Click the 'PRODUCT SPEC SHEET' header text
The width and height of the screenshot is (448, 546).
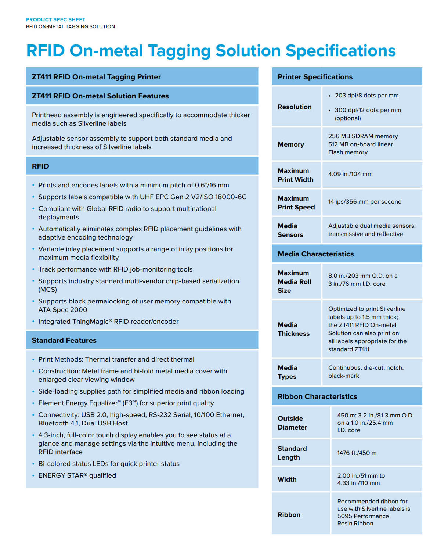tap(55, 19)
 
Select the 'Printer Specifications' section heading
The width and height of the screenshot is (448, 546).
tap(315, 77)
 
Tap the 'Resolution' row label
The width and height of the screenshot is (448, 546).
tap(295, 107)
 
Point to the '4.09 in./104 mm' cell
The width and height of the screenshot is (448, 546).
tap(350, 174)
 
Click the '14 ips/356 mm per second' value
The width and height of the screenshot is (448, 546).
tap(365, 202)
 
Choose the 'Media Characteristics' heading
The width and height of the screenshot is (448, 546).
tap(315, 254)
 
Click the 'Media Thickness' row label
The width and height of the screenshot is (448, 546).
tap(293, 329)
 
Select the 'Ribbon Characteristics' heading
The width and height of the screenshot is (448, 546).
tap(317, 396)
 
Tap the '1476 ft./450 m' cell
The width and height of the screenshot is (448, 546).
tap(357, 453)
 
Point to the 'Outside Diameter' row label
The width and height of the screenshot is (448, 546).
tap(292, 423)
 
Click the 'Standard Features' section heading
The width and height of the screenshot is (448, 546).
tap(64, 340)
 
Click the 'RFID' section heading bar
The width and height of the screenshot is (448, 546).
tap(40, 166)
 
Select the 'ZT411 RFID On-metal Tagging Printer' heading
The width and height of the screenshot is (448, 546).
tap(96, 77)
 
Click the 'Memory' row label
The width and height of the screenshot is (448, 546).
tap(291, 144)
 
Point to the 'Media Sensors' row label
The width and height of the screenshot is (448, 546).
tap(290, 230)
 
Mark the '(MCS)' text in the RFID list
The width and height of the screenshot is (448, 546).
tap(48, 290)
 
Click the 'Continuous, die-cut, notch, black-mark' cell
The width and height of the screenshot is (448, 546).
tap(366, 372)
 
